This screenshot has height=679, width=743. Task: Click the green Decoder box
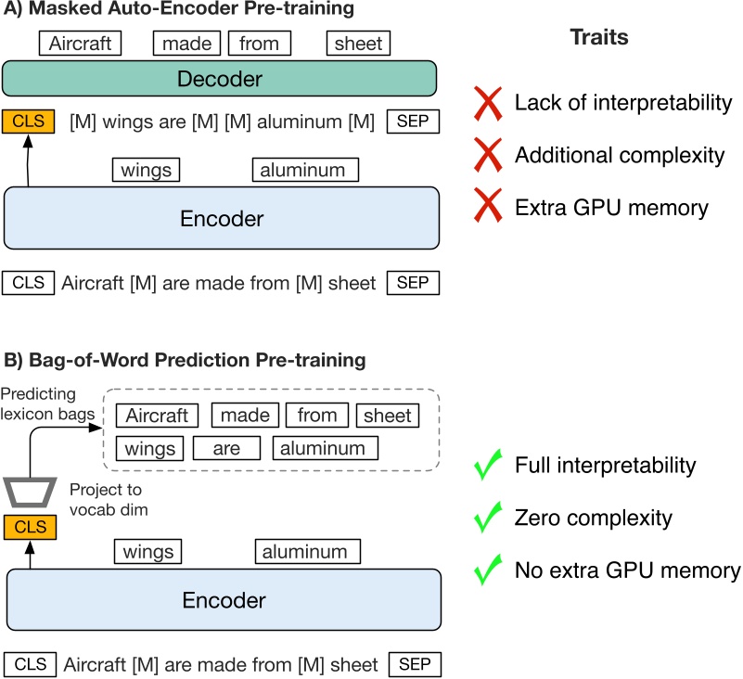point(220,78)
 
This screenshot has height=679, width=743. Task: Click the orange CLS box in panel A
point(29,122)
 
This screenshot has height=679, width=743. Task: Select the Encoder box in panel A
point(220,218)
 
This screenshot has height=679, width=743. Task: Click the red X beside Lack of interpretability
point(490,103)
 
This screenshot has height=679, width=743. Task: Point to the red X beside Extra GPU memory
point(490,207)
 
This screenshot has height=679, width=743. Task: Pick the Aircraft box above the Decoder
point(80,43)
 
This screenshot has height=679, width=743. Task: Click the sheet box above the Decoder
point(358,43)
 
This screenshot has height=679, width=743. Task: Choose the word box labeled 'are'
point(225,449)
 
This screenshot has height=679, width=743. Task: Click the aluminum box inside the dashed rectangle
point(326,449)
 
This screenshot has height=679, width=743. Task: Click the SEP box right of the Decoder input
point(413,122)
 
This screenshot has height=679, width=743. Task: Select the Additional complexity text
point(619,155)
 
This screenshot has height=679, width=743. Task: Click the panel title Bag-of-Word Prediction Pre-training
point(185,358)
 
